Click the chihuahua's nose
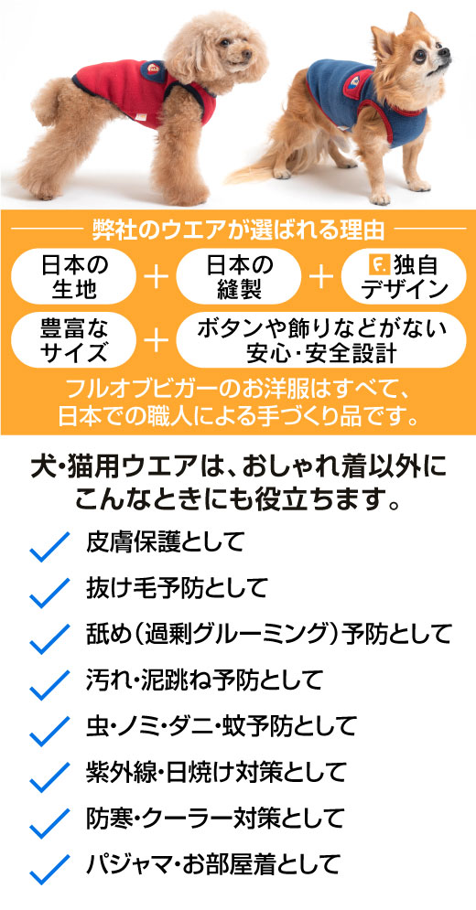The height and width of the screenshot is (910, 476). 445,51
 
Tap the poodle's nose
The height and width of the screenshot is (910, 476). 248,55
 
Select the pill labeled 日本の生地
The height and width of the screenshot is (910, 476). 73,276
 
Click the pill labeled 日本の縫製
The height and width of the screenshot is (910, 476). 238,276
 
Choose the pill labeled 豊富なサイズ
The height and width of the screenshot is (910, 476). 73,339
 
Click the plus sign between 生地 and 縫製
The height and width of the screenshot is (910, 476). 156,277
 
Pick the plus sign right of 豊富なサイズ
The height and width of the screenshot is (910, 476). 156,339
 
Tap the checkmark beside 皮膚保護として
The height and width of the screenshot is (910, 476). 50,546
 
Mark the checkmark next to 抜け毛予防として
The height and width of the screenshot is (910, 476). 50,593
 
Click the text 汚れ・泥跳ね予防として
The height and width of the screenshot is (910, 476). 204,679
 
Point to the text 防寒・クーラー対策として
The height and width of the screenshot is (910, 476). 215,819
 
